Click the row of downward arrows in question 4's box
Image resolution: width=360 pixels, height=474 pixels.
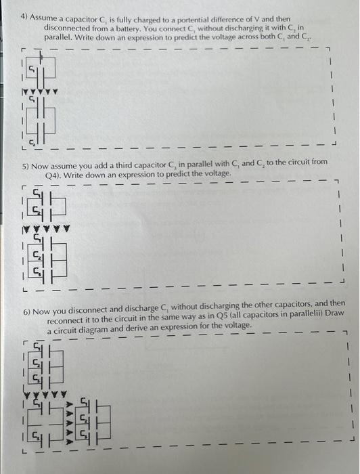(39, 91)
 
